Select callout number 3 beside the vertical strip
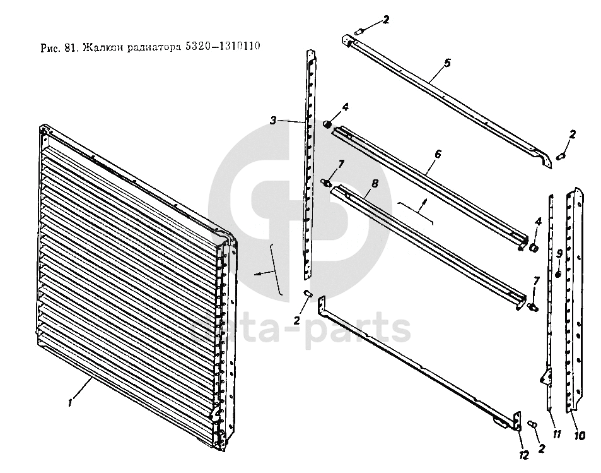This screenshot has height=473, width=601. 273,121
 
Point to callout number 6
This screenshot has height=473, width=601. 438,153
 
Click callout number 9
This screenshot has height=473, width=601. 559,253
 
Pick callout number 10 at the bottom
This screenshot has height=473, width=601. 579,435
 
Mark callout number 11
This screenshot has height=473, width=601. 557,434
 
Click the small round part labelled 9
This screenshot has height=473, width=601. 558,273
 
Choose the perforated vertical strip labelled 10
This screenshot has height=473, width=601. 576,303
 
